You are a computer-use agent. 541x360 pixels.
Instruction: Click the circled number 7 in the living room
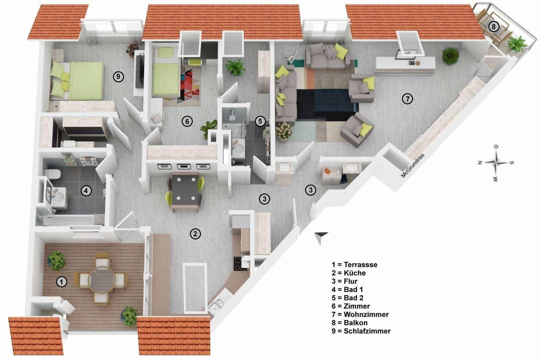point(407,99)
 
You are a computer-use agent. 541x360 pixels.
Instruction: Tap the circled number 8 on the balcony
point(493,26)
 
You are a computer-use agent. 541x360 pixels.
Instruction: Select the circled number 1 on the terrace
point(61,282)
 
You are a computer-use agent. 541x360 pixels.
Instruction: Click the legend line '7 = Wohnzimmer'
point(360,314)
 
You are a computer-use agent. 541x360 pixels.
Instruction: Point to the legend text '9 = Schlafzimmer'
point(361,331)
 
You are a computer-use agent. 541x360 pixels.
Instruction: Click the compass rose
point(496,163)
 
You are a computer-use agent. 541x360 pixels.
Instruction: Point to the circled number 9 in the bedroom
point(118,77)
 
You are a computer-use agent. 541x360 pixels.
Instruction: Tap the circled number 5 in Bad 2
point(260,121)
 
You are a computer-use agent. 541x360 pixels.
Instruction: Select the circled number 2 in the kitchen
point(195,234)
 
